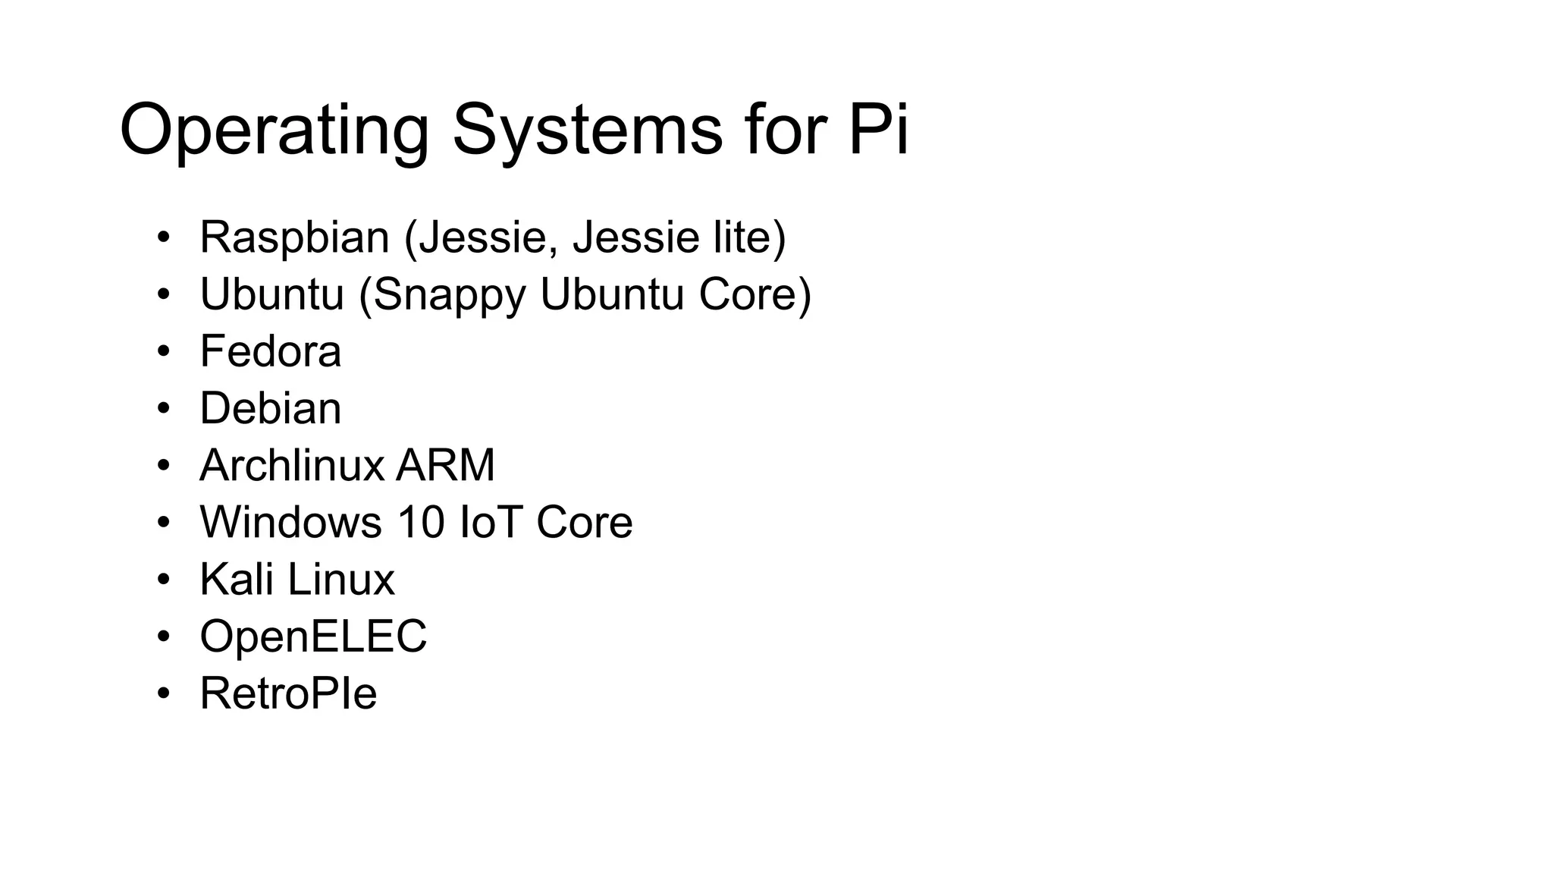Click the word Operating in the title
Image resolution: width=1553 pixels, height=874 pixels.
click(274, 130)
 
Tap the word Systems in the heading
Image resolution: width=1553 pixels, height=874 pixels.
click(587, 130)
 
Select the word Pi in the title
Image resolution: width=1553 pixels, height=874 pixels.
click(877, 130)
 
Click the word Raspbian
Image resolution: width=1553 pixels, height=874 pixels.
click(294, 237)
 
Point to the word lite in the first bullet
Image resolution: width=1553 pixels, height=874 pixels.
click(749, 237)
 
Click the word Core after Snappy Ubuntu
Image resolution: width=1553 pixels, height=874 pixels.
click(755, 294)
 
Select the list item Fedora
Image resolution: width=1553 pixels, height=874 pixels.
click(270, 351)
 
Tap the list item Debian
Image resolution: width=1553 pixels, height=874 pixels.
click(270, 408)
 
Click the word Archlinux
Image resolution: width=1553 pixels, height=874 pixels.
click(293, 465)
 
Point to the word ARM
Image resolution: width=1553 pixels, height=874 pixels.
click(445, 465)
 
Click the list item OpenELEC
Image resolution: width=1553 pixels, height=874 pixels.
click(313, 636)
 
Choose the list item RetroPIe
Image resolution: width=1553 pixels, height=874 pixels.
click(288, 693)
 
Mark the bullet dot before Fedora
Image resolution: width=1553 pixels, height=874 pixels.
click(164, 352)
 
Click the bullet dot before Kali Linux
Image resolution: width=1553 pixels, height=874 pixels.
click(164, 580)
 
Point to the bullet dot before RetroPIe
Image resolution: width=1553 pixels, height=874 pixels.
click(164, 694)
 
